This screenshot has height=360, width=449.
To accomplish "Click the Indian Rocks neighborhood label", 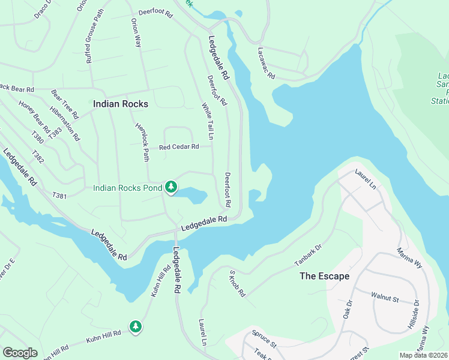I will click(121, 104).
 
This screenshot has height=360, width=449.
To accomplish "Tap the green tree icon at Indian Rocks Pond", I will click(171, 188).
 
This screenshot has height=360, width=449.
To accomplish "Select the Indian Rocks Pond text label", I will click(127, 188).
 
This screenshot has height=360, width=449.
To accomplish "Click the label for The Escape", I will click(324, 276).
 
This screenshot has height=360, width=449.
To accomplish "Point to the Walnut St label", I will click(385, 296).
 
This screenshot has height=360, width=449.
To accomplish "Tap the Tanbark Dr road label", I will click(309, 255).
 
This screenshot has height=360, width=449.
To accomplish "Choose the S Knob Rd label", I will click(237, 283).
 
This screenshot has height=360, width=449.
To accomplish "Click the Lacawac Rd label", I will click(266, 64).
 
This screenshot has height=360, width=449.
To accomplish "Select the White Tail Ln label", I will click(207, 122).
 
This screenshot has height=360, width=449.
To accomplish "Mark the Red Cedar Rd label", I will click(178, 147).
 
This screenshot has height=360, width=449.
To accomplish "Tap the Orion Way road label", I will click(136, 32).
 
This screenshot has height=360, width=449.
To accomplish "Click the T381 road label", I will click(59, 196).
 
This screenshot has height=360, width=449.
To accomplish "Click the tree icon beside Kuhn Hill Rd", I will click(136, 326).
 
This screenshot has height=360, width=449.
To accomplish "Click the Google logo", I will click(20, 352).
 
